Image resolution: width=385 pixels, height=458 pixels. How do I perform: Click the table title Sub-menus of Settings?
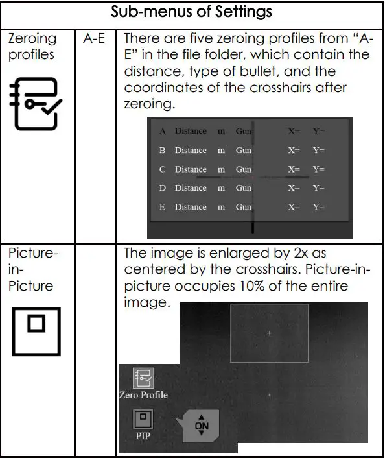coord(192,12)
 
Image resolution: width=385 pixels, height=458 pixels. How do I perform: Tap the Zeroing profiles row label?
coord(32,46)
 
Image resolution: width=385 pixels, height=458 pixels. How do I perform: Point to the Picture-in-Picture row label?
coord(32,269)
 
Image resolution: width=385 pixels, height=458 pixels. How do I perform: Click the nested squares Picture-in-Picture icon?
coord(36,331)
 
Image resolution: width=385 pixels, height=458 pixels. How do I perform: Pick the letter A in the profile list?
coord(163,132)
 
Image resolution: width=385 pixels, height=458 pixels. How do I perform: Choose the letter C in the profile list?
coord(163,169)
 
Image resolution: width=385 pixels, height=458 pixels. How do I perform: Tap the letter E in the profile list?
coord(163,208)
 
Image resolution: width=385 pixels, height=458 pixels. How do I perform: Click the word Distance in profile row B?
coord(191,151)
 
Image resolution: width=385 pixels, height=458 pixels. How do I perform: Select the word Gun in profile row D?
coord(244,188)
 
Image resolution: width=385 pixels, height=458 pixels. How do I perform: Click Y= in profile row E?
coord(319,208)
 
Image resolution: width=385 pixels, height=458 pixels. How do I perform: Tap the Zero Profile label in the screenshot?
coord(143,394)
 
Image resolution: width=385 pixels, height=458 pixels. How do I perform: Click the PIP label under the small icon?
coord(143,436)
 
